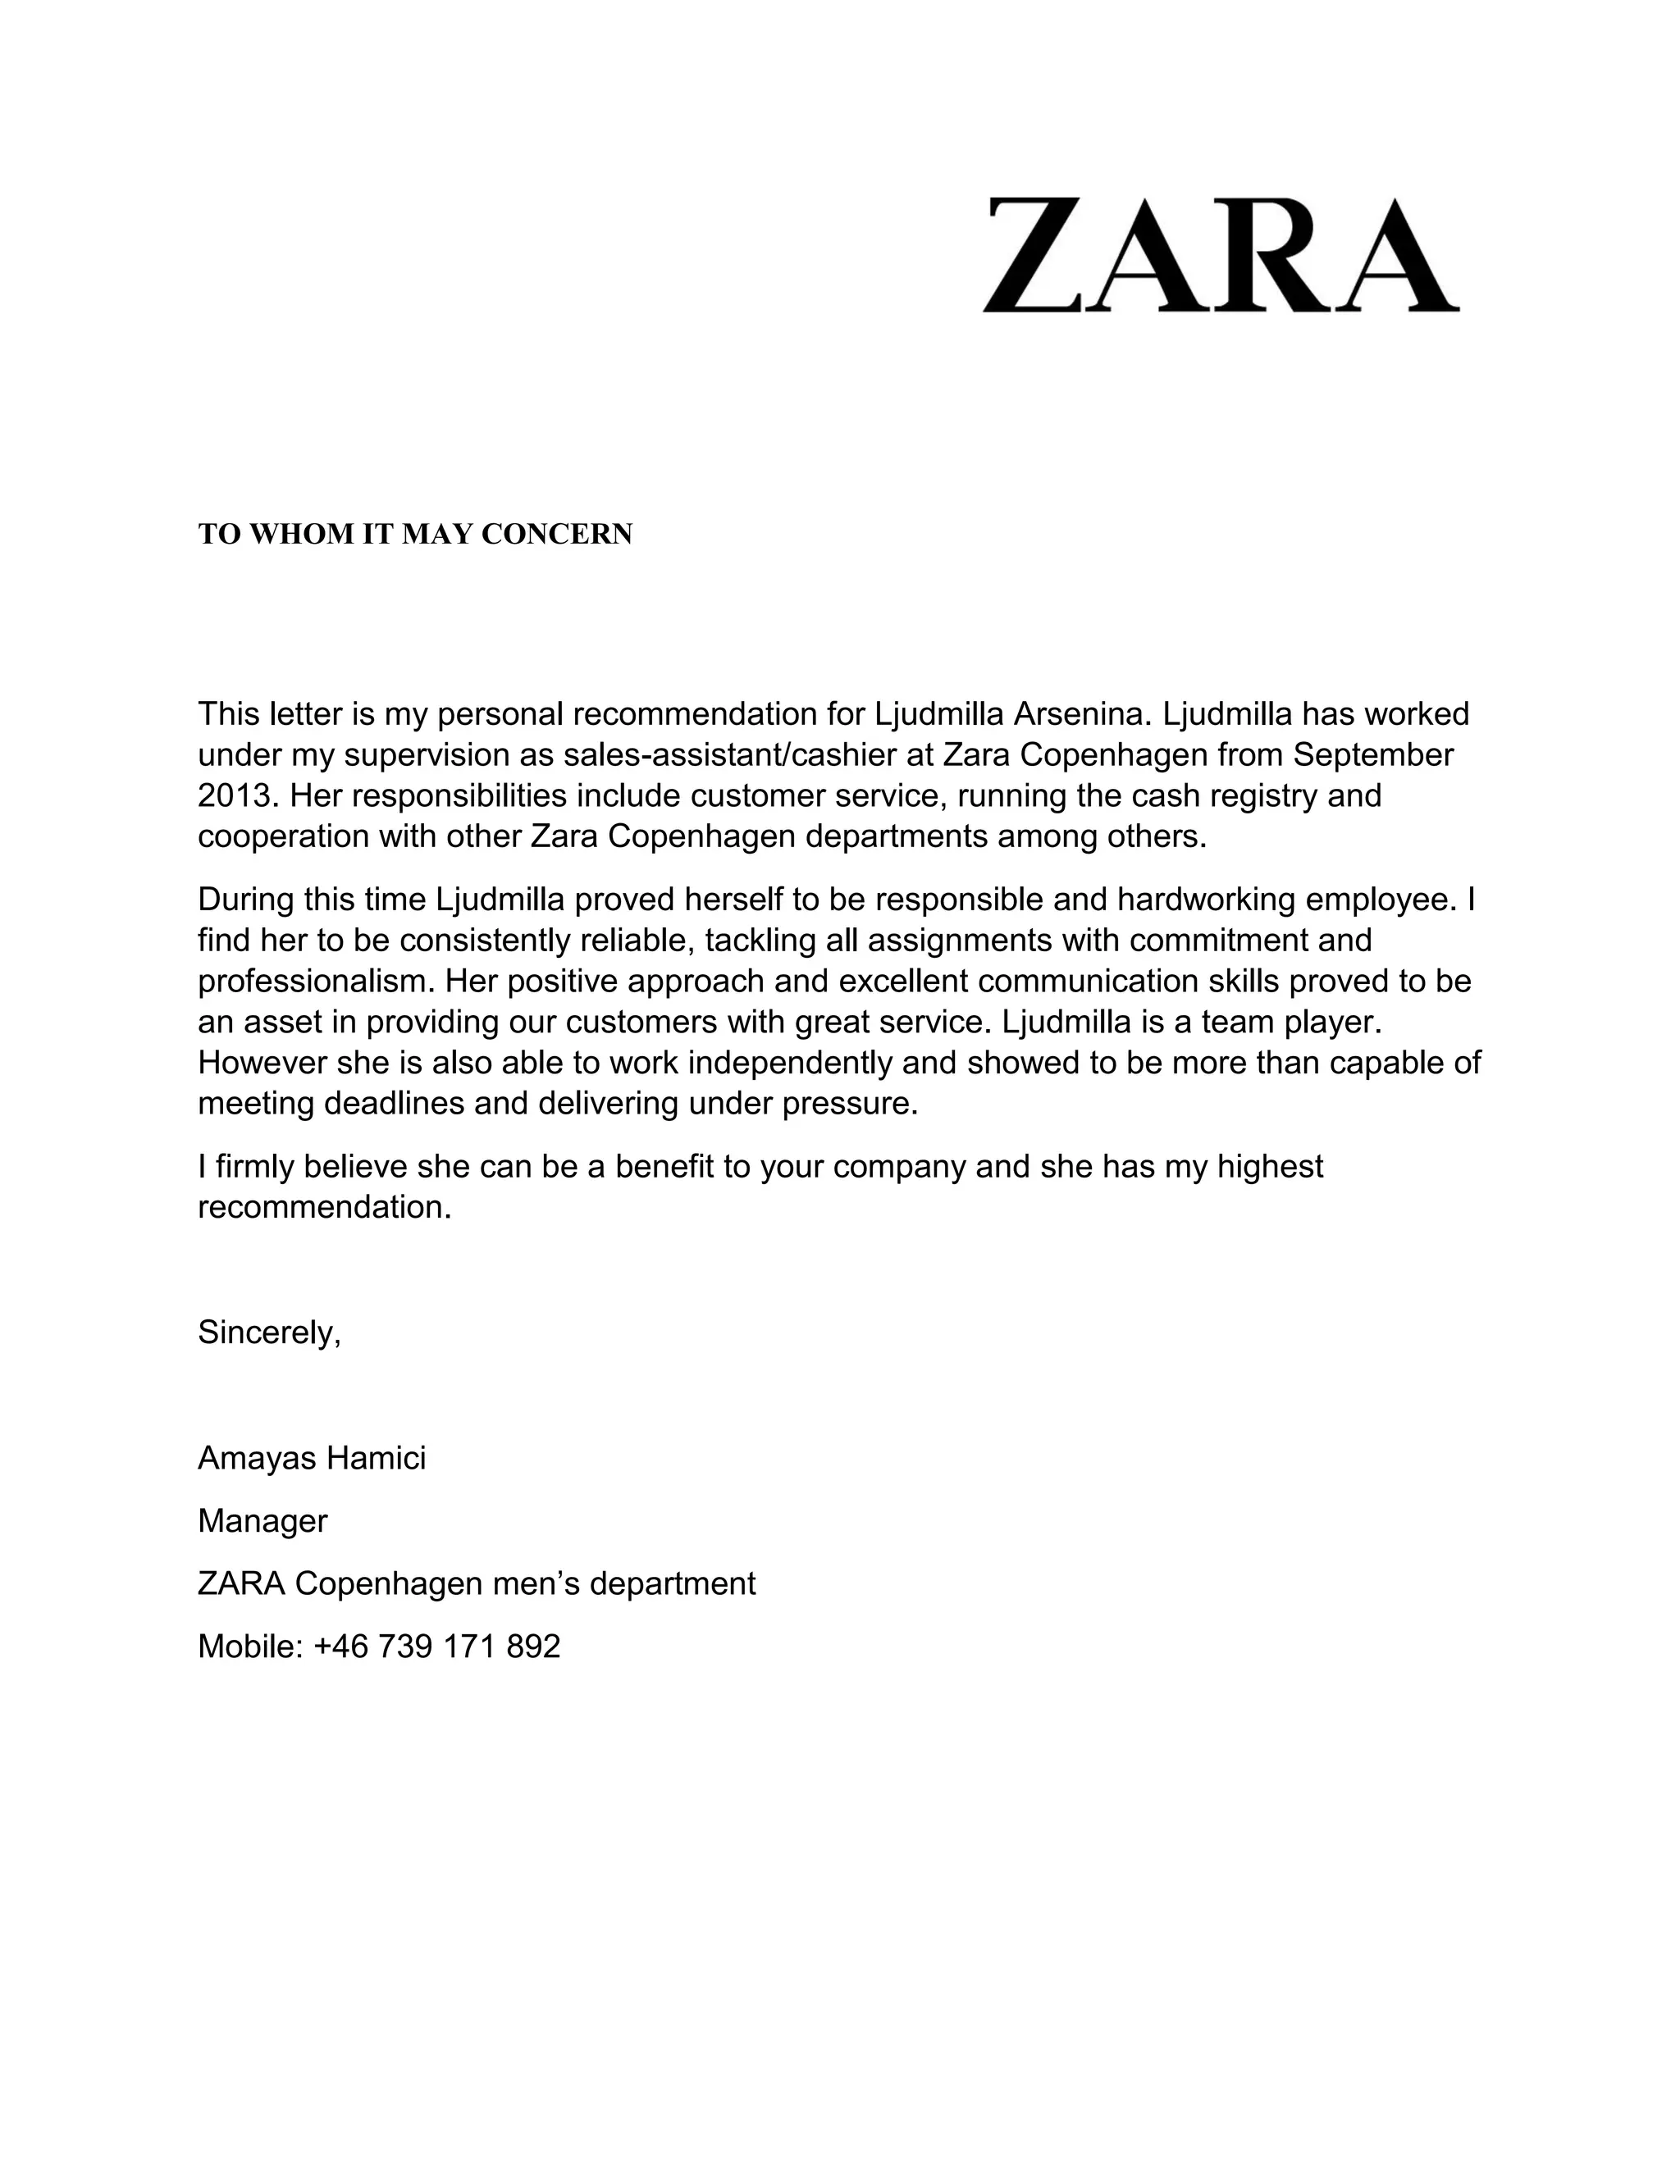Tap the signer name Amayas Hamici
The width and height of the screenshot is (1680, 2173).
coord(312,1458)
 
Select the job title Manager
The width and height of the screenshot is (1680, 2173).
coord(262,1520)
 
